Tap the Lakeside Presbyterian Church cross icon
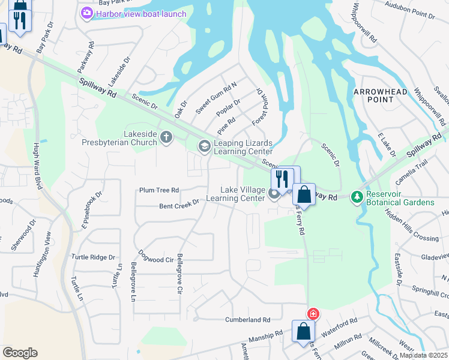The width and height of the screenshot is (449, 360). [166, 138]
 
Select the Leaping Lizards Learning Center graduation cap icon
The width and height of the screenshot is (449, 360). [204, 146]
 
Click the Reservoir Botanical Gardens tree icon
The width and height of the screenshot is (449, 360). [357, 197]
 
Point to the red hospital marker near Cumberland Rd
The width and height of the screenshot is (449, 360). [313, 314]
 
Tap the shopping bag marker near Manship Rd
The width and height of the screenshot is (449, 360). [303, 331]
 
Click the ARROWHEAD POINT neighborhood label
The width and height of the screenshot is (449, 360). [380, 95]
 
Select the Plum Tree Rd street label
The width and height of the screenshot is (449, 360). [159, 190]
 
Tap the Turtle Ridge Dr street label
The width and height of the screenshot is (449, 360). [93, 257]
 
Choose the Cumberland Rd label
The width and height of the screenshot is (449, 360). [248, 320]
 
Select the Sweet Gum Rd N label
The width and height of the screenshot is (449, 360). [216, 97]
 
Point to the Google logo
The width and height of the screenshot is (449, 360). [20, 352]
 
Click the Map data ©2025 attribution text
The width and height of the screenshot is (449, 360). [423, 355]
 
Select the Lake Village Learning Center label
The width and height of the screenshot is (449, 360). [235, 193]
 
